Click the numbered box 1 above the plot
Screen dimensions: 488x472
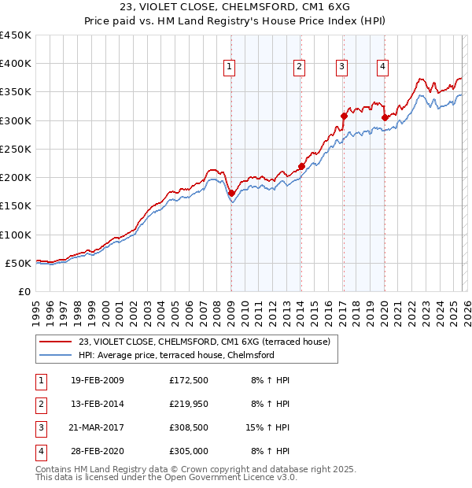229,68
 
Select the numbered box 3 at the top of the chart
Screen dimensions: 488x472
342,68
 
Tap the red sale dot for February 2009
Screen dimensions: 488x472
231,193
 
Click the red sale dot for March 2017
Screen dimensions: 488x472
344,116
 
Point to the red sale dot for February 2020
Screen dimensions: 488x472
385,118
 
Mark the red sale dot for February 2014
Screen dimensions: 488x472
301,166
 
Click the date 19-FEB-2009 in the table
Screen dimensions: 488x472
97,380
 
